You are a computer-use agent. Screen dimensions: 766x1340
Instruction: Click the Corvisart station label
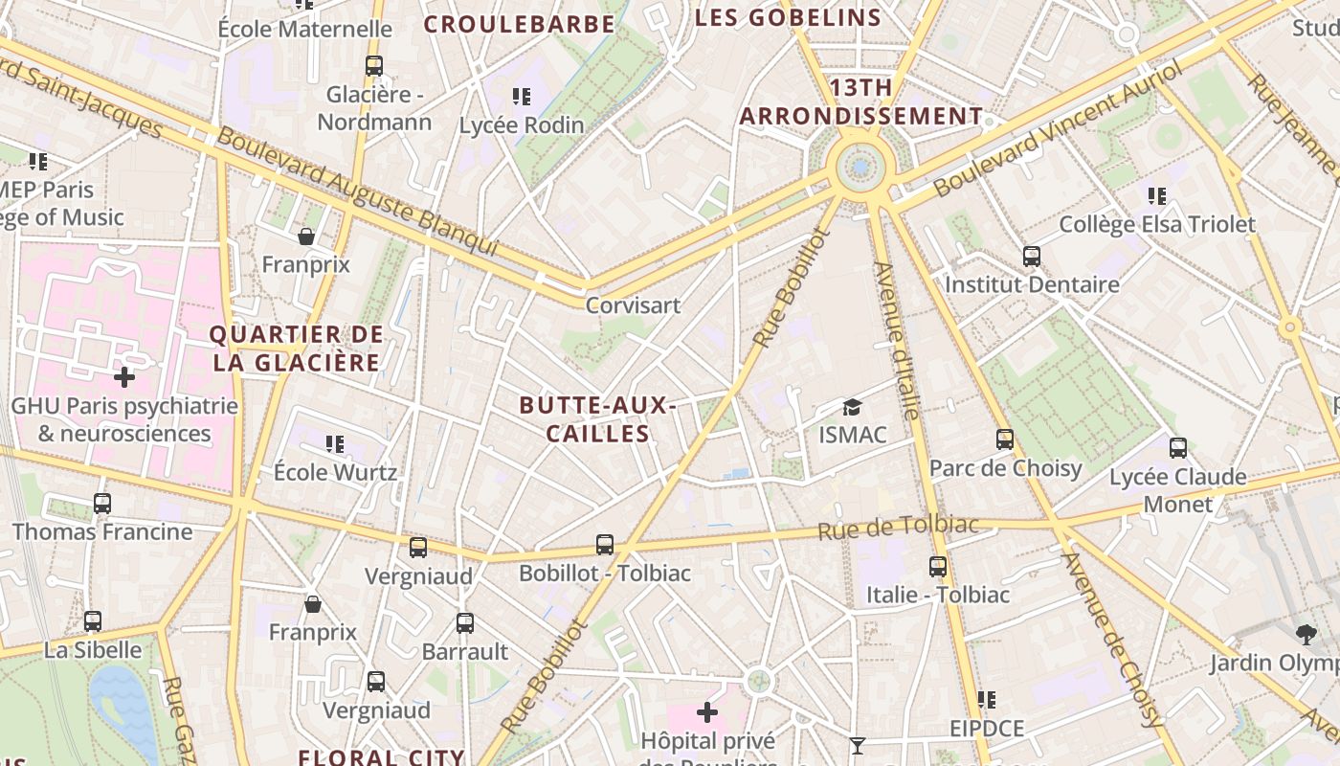633,305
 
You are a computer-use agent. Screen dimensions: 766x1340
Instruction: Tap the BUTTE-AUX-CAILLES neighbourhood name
598,419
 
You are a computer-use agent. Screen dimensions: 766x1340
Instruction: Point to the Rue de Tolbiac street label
899,527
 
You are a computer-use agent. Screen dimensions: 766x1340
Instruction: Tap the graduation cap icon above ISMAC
852,408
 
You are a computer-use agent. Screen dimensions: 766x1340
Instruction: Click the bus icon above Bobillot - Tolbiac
604,545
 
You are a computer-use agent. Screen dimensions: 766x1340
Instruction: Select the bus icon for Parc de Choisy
1005,439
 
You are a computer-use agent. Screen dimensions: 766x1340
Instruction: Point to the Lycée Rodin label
522,124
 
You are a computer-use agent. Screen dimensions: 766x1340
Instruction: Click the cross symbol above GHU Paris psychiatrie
123,377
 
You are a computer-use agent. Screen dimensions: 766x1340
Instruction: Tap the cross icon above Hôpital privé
707,712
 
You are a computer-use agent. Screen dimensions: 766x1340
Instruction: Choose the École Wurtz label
335,472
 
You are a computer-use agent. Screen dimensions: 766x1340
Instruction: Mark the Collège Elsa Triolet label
1157,225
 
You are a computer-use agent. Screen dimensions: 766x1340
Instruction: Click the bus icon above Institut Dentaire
1031,257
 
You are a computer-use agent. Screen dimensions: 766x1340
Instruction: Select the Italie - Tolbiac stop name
937,595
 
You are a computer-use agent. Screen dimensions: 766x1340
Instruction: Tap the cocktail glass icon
857,745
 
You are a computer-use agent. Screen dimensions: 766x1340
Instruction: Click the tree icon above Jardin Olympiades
1305,633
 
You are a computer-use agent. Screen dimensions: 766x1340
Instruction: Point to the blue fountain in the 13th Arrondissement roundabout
860,168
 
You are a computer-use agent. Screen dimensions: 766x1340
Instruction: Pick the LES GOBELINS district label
788,17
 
